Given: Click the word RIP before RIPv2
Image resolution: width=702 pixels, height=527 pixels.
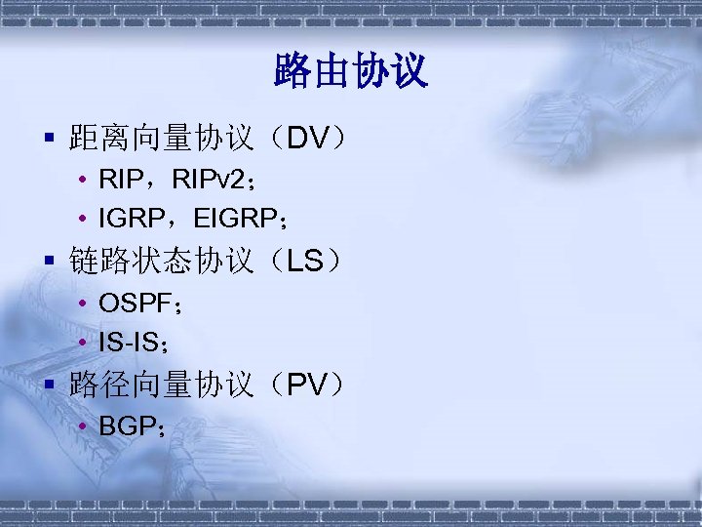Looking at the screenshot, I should (120, 181).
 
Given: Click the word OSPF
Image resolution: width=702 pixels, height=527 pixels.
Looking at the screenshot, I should (134, 304).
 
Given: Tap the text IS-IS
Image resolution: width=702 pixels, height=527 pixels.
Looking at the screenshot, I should (129, 342).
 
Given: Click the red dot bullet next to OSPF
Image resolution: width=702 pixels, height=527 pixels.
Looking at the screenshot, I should (86, 304).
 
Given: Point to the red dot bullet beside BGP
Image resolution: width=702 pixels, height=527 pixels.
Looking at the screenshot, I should (86, 426).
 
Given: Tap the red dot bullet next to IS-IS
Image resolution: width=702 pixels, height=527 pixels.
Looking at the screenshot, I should (86, 342).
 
